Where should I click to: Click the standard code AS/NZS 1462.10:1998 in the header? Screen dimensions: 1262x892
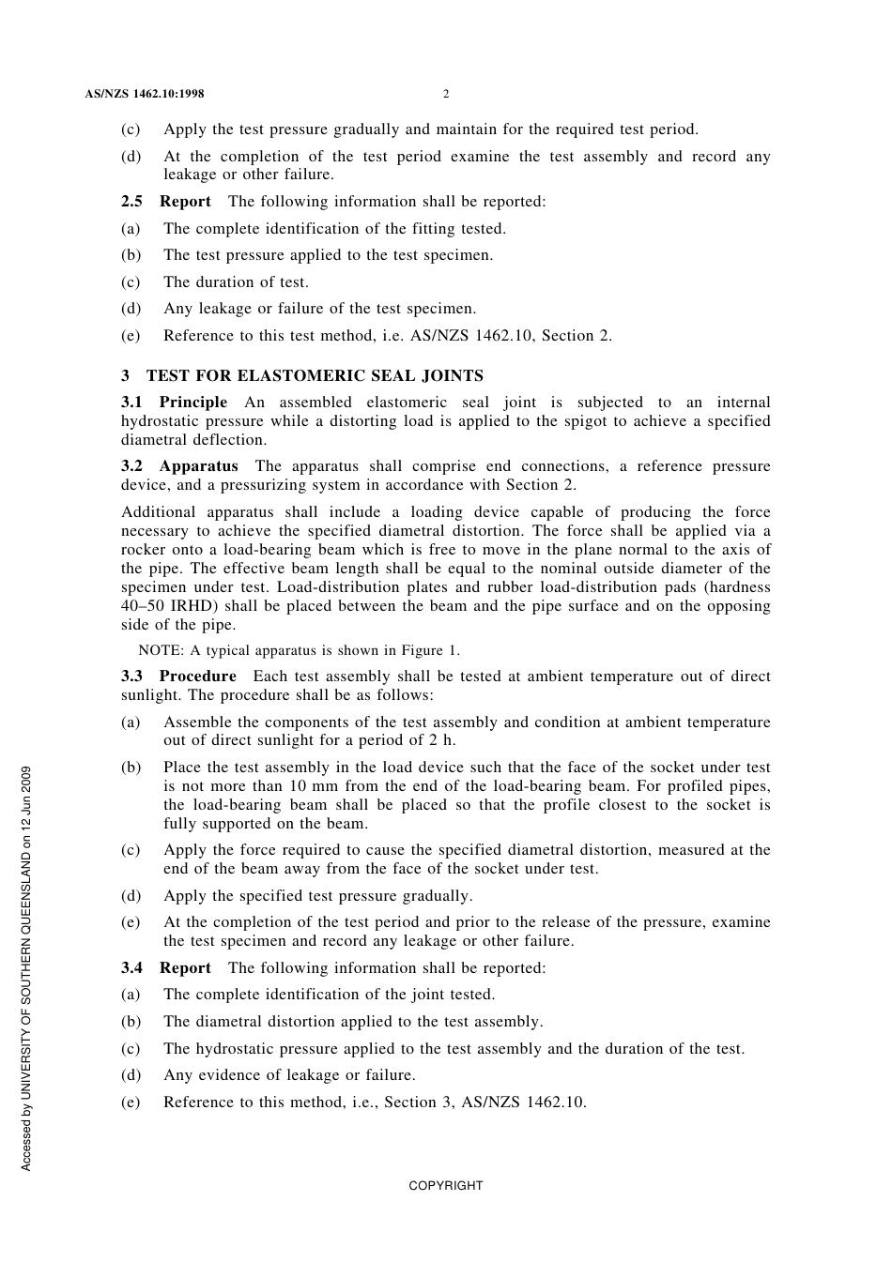pos(144,94)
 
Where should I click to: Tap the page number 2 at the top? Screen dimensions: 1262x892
pos(446,94)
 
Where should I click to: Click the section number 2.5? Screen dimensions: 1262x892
pos(131,201)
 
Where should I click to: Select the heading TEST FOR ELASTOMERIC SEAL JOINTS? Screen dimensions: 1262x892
pos(315,376)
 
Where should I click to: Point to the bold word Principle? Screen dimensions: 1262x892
pos(193,403)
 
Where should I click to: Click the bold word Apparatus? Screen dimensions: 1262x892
pos(198,466)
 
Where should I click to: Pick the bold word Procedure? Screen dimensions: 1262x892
pos(197,677)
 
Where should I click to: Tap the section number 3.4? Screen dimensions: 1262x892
pos(131,967)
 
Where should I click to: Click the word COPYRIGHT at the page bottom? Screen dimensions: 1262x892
pos(446,1186)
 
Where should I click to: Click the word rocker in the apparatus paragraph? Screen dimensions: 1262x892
pos(143,550)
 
